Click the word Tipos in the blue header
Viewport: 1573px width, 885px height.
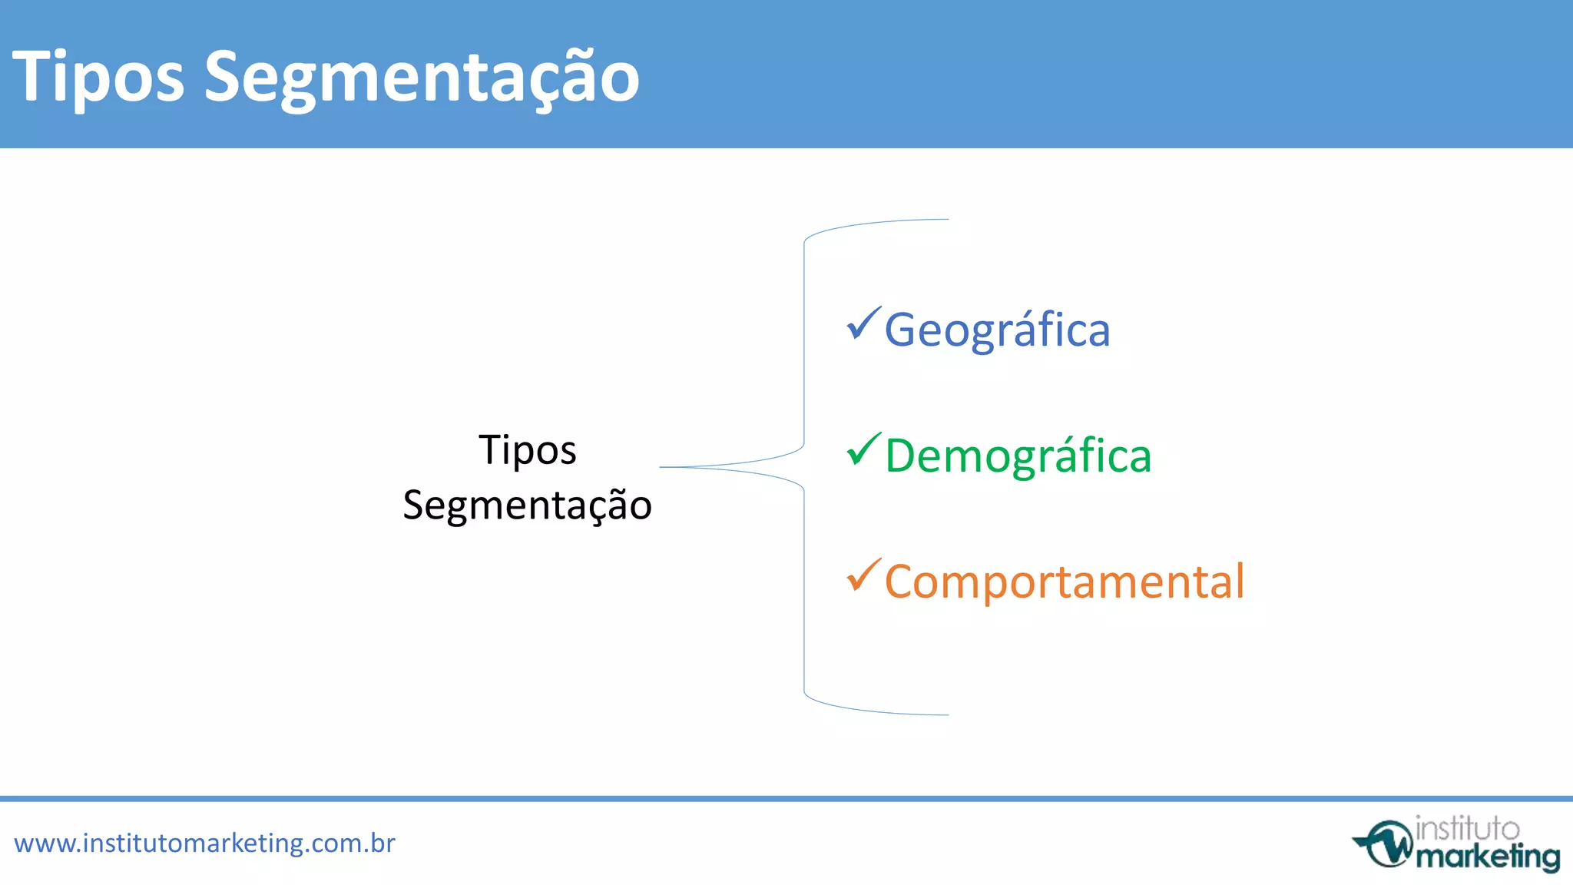[x=98, y=77]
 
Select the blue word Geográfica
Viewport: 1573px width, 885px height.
[x=997, y=330]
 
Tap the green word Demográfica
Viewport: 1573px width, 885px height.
[x=1018, y=456]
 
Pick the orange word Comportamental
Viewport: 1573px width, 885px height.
[x=1064, y=582]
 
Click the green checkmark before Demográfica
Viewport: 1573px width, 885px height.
[x=863, y=450]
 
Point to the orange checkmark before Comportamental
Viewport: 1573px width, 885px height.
[x=863, y=576]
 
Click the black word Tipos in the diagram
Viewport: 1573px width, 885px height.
[x=527, y=450]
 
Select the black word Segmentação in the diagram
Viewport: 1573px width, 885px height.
[x=527, y=505]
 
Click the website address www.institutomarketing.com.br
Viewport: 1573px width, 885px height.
[x=204, y=844]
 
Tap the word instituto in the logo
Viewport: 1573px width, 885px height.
[x=1466, y=829]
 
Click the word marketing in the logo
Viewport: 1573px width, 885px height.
[x=1487, y=857]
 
